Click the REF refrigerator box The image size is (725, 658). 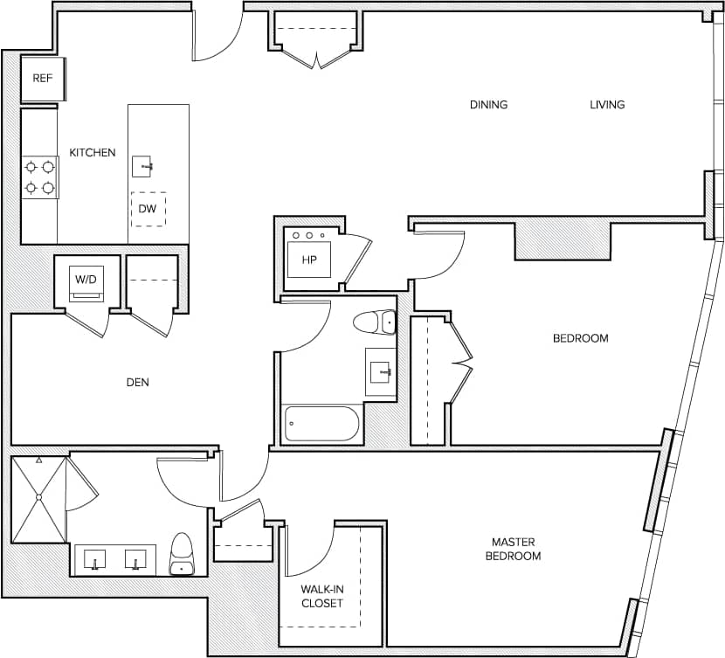tap(43, 79)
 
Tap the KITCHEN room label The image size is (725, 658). tap(93, 153)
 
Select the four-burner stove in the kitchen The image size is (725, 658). tap(39, 177)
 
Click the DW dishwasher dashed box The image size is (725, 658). tap(148, 210)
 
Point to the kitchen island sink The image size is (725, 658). tap(143, 166)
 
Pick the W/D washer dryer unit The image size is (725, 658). tap(86, 282)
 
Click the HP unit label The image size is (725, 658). tap(308, 260)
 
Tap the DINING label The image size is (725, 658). tap(488, 105)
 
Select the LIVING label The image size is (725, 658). tap(607, 105)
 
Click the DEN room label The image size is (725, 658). tap(138, 382)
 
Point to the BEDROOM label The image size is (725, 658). tap(580, 338)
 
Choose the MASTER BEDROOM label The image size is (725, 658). tap(513, 549)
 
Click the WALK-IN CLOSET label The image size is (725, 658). tap(322, 596)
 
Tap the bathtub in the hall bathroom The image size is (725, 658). tap(321, 424)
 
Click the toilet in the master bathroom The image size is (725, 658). tap(182, 555)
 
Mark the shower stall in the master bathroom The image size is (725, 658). tap(39, 499)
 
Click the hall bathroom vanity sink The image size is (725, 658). tap(381, 373)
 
